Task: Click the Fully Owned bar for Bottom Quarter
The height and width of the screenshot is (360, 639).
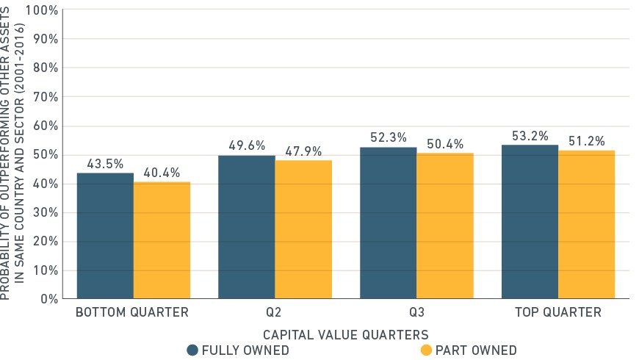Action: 105,236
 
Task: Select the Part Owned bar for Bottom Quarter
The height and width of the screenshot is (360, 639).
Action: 162,240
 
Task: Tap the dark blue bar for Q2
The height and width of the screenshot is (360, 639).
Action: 247,227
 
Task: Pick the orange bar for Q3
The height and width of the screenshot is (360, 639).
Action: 445,226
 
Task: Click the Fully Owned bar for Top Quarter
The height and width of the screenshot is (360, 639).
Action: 530,222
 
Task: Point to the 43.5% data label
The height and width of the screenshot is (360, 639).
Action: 105,164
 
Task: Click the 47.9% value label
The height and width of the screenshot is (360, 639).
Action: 303,151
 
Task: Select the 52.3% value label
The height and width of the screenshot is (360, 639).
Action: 389,137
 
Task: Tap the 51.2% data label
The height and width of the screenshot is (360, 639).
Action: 586,141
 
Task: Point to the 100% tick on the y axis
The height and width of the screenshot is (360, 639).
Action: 42,10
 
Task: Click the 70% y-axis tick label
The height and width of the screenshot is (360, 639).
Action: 46,97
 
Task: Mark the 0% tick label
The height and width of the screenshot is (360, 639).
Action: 49,299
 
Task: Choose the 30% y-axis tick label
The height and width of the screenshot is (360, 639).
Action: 46,212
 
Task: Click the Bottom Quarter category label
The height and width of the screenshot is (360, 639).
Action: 132,312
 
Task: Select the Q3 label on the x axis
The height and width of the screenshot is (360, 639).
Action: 417,312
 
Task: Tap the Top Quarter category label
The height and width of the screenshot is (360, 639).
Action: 558,312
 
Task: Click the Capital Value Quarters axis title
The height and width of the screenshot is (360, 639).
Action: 346,335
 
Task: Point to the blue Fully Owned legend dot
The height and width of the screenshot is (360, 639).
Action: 192,350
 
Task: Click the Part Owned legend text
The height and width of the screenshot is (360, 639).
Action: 476,350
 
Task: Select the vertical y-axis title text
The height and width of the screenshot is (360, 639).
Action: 12,153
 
